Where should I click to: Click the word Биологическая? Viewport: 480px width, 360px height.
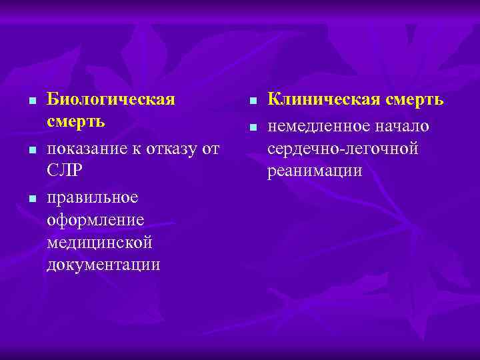(111, 100)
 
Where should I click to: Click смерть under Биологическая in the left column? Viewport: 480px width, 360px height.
(76, 123)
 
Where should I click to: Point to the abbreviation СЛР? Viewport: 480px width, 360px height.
(65, 171)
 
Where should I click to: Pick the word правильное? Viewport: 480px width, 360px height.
(93, 197)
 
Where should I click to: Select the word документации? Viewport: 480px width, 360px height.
(103, 265)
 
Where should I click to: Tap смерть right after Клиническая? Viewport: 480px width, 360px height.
(417, 100)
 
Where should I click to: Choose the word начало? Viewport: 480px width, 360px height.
(403, 127)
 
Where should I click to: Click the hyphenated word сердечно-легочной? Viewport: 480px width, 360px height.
(343, 149)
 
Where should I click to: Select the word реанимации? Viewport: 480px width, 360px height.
(315, 171)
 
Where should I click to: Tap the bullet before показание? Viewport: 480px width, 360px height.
(31, 149)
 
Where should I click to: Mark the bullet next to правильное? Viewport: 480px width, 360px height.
(31, 199)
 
